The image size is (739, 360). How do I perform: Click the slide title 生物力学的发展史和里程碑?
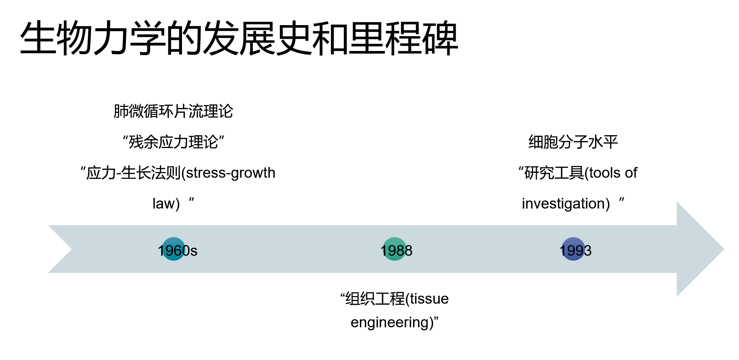(239, 38)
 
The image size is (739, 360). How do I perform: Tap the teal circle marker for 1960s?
(173, 249)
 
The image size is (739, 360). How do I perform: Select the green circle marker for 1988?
(394, 249)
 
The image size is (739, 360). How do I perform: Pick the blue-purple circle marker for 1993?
(573, 249)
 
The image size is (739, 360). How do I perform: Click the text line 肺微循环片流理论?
(173, 112)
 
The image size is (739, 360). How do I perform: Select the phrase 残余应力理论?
(173, 142)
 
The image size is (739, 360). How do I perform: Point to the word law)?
(166, 204)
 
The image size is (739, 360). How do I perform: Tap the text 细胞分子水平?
(573, 142)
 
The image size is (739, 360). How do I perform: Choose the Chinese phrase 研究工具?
(554, 173)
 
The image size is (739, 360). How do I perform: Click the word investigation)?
(566, 204)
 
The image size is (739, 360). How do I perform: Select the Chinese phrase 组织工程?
(375, 299)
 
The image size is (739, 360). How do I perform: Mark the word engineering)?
(392, 323)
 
